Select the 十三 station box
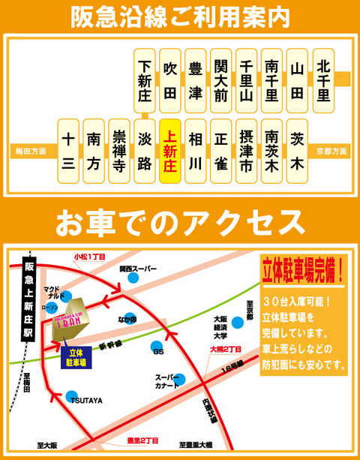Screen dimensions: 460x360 (67, 152)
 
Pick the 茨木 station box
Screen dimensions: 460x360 (297, 152)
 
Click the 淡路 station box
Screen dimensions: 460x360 (145, 152)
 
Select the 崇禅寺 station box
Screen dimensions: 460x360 (119, 152)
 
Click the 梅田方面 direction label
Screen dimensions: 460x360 (30, 152)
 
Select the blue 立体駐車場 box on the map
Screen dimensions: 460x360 (76, 355)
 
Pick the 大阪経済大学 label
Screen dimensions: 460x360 (218, 327)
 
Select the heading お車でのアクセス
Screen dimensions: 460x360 (180, 221)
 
